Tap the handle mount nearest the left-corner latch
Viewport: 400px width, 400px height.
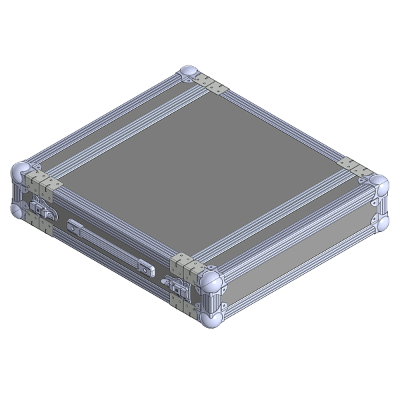click(x=73, y=223)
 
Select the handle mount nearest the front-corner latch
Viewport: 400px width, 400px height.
click(x=147, y=267)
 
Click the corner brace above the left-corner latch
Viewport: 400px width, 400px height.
click(x=44, y=182)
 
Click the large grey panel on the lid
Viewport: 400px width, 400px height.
click(x=200, y=167)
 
